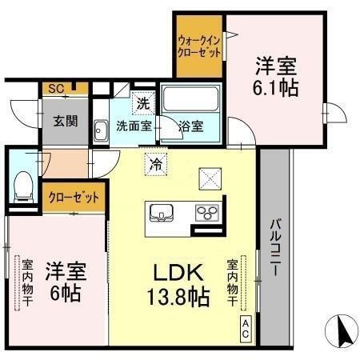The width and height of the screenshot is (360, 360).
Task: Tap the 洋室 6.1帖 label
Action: click(x=276, y=75)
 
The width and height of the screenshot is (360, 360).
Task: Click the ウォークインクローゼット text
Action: click(x=198, y=46)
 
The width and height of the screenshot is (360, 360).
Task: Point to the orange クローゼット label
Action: click(x=74, y=196)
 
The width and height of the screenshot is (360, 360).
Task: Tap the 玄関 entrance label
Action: click(x=65, y=122)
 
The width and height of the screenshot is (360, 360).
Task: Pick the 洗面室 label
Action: click(x=130, y=126)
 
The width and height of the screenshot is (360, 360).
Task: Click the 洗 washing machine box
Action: click(x=142, y=103)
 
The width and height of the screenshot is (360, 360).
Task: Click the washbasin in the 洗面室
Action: click(x=102, y=130)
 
